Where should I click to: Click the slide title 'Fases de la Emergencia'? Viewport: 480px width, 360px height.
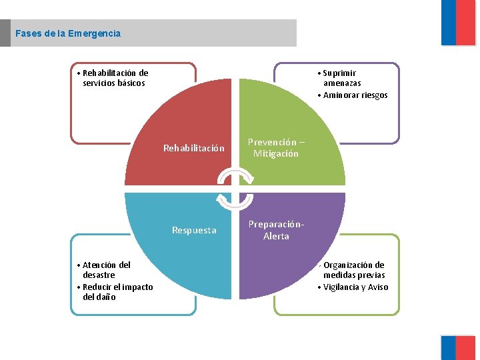[68, 33]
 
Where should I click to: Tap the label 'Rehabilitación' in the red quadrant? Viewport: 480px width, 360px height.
[194, 148]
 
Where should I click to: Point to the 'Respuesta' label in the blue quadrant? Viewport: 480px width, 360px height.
[194, 231]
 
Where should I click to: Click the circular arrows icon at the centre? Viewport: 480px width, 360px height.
[235, 189]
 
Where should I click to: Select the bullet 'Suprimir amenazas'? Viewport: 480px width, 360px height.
[341, 78]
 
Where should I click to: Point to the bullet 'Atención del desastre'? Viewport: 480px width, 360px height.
[105, 270]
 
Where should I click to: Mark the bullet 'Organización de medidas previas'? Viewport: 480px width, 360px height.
[353, 270]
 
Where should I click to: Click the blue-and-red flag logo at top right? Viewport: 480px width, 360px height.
[458, 23]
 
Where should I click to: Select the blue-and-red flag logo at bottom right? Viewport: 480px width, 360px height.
[458, 347]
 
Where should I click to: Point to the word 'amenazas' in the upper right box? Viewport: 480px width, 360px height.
[342, 83]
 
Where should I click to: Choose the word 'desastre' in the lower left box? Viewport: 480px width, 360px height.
[99, 275]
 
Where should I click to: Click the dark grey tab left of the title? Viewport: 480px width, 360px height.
[5, 33]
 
